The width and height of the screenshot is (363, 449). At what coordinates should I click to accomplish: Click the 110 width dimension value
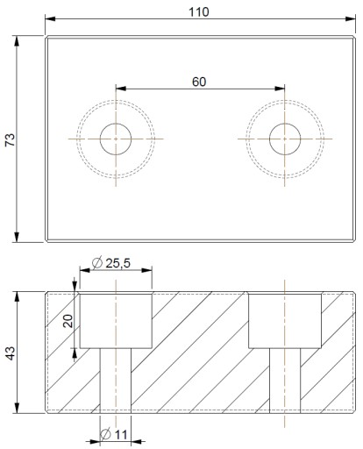[199, 12]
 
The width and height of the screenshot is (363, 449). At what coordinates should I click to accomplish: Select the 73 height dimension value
[10, 139]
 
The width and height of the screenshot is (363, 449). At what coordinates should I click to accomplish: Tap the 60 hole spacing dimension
[199, 82]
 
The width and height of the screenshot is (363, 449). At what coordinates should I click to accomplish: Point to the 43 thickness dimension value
[10, 353]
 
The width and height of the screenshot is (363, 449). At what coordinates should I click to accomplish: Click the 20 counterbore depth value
[68, 321]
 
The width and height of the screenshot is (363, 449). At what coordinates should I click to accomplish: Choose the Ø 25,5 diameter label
[111, 263]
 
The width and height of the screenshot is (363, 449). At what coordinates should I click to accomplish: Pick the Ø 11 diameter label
[114, 434]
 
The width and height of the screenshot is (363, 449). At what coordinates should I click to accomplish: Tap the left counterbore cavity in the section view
[116, 321]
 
